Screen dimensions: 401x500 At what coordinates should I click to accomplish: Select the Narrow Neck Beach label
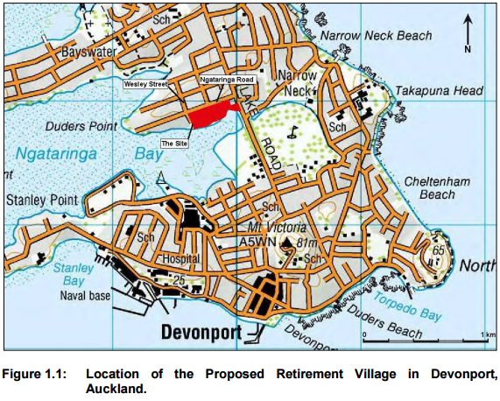click(377, 36)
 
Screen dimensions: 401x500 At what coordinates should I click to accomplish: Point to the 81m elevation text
click(306, 243)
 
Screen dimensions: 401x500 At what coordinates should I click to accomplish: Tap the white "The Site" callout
click(173, 141)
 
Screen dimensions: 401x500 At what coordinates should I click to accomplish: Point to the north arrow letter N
click(468, 49)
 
